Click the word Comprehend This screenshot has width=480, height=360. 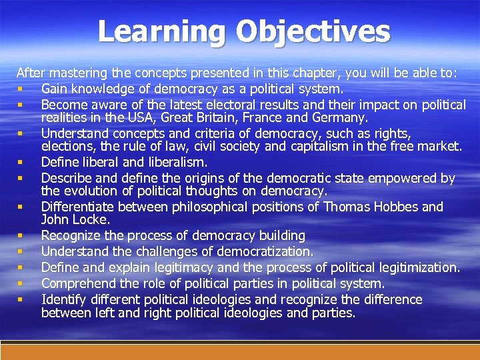pos(73,283)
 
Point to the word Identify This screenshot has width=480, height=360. pos(63,299)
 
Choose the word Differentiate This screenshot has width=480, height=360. pos(80,207)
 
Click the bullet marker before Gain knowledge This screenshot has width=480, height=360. pos(21,89)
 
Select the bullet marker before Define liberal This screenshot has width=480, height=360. pos(21,162)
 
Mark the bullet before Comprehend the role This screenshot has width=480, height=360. pos(21,283)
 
